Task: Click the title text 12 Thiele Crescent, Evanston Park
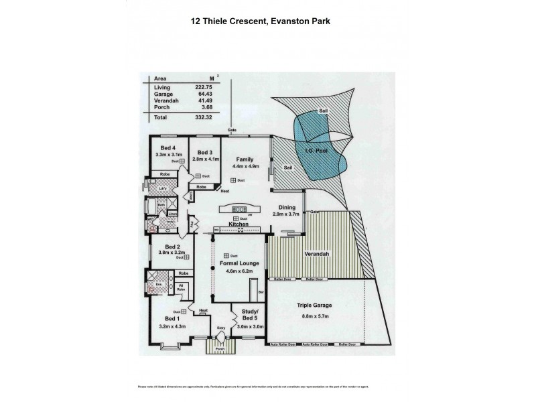pyautogui.click(x=267, y=21)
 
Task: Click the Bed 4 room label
pyautogui.click(x=167, y=148)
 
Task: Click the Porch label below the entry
pyautogui.click(x=218, y=350)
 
